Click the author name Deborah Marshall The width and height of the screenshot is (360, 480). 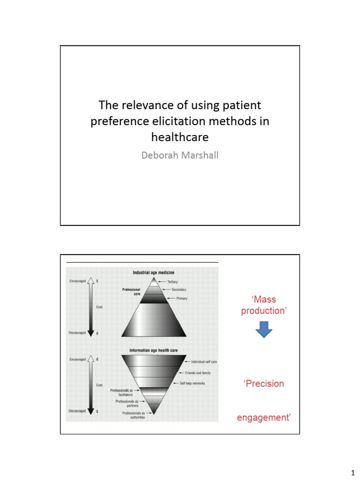[180, 154]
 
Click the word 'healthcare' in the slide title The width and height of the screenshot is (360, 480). [180, 137]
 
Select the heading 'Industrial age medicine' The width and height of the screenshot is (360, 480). [153, 272]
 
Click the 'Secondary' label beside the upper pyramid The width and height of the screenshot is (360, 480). [179, 290]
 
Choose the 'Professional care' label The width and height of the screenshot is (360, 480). [131, 292]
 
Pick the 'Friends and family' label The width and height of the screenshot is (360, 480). [199, 373]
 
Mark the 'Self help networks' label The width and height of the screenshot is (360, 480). [193, 383]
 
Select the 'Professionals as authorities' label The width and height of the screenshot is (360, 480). [134, 415]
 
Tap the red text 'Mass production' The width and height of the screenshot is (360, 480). [263, 305]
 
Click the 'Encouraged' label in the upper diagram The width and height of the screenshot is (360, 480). [78, 281]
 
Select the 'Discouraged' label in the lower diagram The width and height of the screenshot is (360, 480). [77, 411]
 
